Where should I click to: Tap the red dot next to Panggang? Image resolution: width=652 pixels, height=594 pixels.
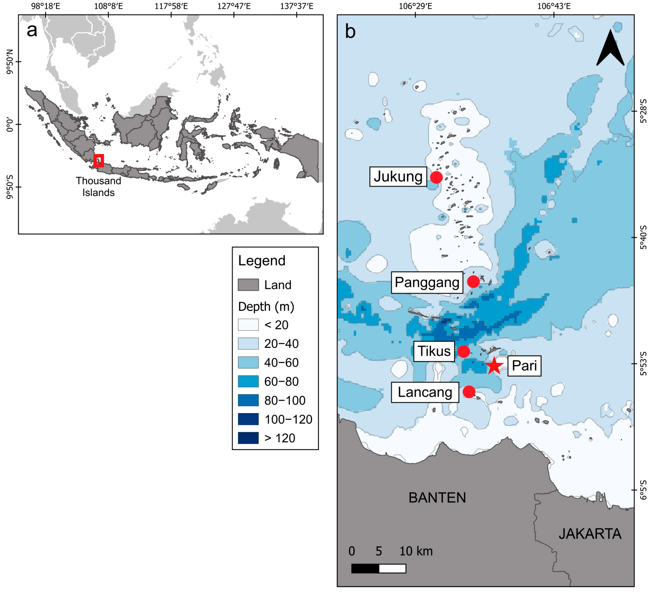coord(473,282)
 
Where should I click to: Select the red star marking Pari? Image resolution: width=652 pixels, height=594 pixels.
coord(494,366)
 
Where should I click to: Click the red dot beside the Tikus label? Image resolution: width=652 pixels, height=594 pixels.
coord(463,351)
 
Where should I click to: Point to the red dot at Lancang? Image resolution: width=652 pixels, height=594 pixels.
coord(469,392)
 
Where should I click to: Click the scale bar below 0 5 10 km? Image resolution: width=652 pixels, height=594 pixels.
coord(378,569)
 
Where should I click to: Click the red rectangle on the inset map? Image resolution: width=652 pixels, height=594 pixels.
coord(99,161)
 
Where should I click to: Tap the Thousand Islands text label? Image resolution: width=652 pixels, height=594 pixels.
coord(98,187)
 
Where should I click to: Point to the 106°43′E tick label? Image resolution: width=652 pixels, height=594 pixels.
coord(554,6)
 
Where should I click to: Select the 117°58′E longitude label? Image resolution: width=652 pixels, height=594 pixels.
coord(171,6)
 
